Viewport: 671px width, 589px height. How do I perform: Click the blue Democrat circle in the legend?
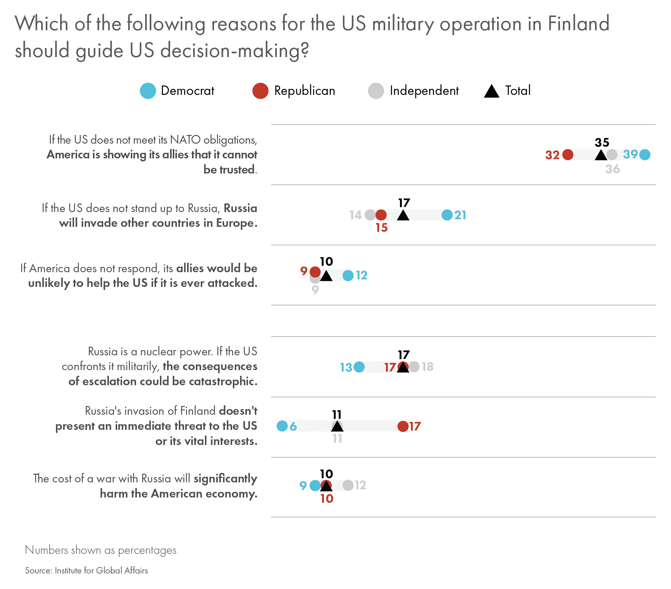pos(148,91)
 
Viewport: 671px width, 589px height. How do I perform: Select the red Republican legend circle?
pos(260,91)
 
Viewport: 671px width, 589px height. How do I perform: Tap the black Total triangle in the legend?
pos(491,91)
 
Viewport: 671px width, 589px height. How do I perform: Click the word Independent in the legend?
pos(424,91)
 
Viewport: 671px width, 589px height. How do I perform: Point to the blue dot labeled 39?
pos(645,155)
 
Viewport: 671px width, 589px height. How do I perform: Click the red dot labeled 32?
pos(568,155)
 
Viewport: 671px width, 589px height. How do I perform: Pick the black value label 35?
pos(602,143)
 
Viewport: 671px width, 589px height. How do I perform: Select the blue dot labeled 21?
pos(447,215)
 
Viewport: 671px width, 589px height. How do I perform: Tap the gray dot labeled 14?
pos(370,215)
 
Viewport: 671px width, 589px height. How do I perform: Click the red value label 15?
pos(382,228)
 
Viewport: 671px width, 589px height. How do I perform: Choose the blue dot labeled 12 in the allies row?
pos(348,276)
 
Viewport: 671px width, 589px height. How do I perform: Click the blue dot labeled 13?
pos(359,367)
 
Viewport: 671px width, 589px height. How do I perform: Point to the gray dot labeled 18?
pos(414,367)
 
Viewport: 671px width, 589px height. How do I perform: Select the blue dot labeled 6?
pos(282,426)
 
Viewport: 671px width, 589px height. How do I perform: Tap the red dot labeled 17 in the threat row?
pos(403,426)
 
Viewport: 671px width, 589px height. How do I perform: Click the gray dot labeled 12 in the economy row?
pos(348,485)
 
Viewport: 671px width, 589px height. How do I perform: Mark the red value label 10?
pos(327,499)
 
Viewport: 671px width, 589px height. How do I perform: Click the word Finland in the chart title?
pos(578,24)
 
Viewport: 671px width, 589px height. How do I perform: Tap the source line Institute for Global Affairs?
pos(101,570)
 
